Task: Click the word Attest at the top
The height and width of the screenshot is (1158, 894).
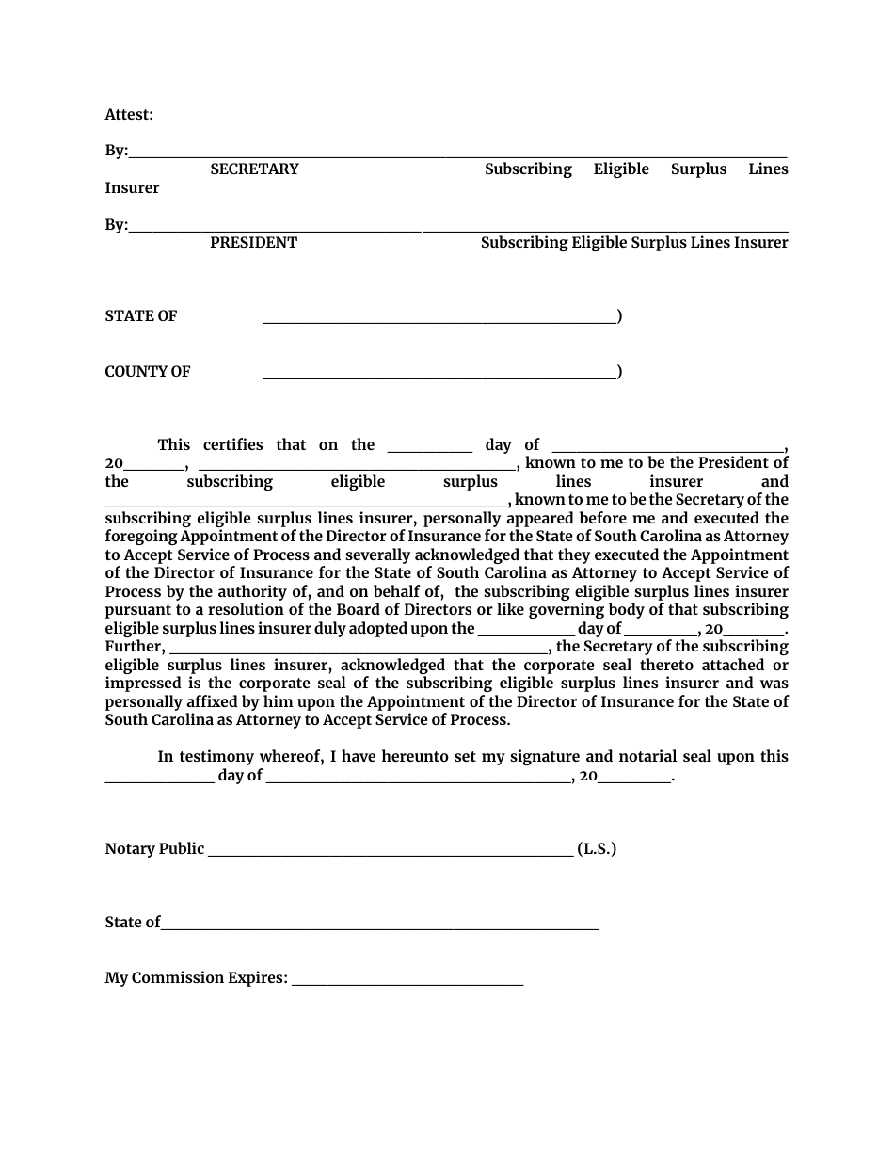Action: (x=128, y=114)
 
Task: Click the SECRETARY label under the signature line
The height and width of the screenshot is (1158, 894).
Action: (x=254, y=169)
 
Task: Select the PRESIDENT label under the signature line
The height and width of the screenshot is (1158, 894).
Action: (x=253, y=242)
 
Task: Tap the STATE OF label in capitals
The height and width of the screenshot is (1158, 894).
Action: (x=140, y=315)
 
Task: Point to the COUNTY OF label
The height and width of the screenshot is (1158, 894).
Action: (x=147, y=371)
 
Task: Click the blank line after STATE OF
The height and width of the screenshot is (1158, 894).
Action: (x=439, y=321)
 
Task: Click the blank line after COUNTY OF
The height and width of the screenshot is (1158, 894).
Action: (x=439, y=377)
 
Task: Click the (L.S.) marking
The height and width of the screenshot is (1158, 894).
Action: (x=597, y=848)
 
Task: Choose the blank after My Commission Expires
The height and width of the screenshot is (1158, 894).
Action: (x=407, y=984)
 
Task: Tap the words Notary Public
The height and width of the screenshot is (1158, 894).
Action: (x=154, y=848)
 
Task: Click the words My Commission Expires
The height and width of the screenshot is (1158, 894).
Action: (x=196, y=977)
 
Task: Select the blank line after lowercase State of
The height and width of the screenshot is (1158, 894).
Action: (x=380, y=928)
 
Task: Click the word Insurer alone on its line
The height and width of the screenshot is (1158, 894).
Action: (x=132, y=187)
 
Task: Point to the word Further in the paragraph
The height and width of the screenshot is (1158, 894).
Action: (x=134, y=646)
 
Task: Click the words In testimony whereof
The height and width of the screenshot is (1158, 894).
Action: (x=235, y=756)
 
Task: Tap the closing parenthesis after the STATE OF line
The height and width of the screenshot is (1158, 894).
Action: (x=619, y=315)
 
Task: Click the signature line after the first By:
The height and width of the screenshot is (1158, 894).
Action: (x=457, y=156)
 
